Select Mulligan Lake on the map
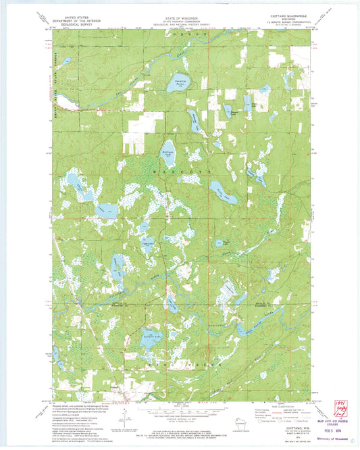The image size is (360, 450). [x=168, y=150]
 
